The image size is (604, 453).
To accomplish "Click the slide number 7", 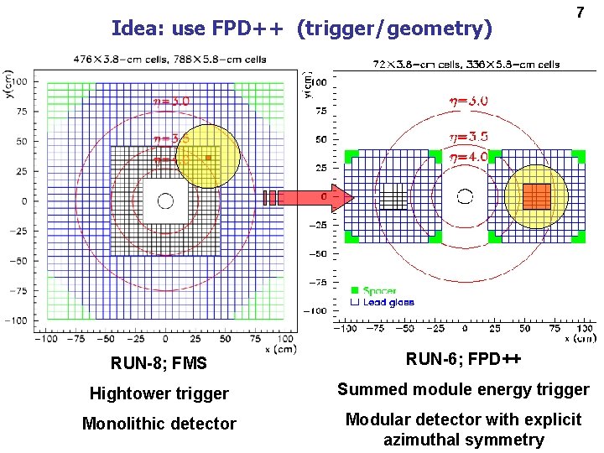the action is pos(578,13).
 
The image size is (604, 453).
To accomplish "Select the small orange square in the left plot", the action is pos(207,158).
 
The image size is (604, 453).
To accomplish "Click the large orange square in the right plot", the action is pos(537,196).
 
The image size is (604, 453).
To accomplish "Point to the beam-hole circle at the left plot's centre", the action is pos(165,200).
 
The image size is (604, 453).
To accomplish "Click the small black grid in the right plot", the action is pos(393,196).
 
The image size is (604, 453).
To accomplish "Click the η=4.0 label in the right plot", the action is pos(468,157).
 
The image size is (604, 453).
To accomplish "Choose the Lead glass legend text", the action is pos(388,302).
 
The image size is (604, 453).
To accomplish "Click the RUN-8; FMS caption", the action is pos(159,363).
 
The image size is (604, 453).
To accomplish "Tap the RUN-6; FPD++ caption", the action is pos(463,359).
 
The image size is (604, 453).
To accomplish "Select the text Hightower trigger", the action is pos(159,393).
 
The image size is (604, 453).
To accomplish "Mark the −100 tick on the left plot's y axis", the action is pos(17,320).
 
